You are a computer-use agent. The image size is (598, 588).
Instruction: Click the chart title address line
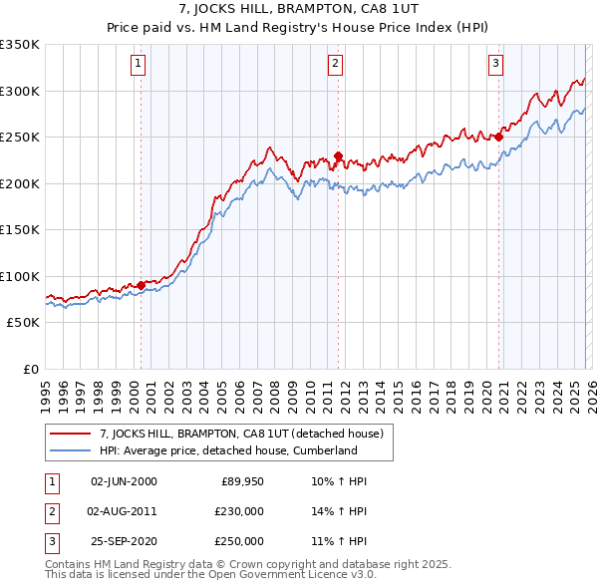tap(299, 11)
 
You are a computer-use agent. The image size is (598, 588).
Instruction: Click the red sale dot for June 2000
tap(141, 285)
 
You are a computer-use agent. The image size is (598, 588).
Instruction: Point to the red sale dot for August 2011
tap(338, 155)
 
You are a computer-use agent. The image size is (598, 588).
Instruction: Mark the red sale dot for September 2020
tap(498, 138)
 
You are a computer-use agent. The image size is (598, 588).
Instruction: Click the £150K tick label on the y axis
tap(20, 229)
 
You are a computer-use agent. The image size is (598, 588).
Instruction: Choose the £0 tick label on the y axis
tap(30, 369)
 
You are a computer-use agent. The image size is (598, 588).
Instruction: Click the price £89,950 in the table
tap(242, 481)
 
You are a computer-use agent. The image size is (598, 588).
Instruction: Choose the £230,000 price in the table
tap(239, 511)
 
